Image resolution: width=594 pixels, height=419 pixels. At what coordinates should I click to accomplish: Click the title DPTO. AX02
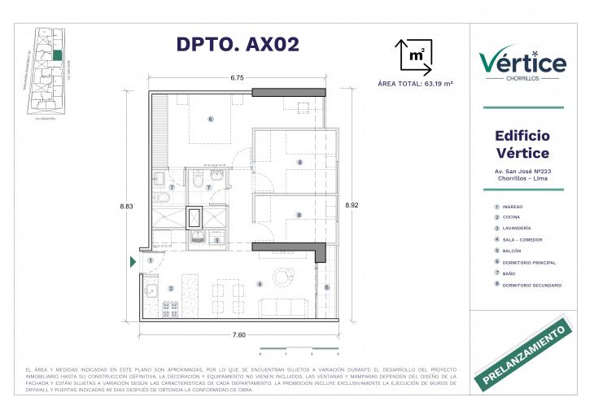[238, 45]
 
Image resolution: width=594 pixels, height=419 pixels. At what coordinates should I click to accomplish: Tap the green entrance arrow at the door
[133, 262]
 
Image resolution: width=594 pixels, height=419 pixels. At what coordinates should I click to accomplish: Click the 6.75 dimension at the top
[237, 78]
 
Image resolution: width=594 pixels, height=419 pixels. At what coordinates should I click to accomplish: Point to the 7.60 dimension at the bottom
[239, 334]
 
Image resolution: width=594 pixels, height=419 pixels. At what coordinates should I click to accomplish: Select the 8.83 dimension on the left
[127, 206]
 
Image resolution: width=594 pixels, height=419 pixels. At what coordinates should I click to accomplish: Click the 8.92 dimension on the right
[352, 205]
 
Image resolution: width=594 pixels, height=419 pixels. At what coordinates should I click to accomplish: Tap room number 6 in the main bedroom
[210, 119]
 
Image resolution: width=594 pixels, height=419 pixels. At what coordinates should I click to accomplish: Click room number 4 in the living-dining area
[259, 284]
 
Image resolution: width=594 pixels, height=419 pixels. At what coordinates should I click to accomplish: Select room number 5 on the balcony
[327, 287]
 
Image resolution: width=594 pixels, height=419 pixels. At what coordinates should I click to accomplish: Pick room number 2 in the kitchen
[171, 288]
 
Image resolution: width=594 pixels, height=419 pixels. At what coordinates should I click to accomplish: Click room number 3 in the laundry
[216, 239]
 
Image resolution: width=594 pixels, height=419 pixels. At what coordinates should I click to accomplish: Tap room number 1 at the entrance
[151, 260]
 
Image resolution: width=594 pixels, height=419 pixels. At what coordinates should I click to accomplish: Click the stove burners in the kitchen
[171, 309]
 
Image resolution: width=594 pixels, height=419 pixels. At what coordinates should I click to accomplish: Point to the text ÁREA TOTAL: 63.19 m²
[416, 83]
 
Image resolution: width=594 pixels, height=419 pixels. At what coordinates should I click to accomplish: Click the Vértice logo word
[522, 61]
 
